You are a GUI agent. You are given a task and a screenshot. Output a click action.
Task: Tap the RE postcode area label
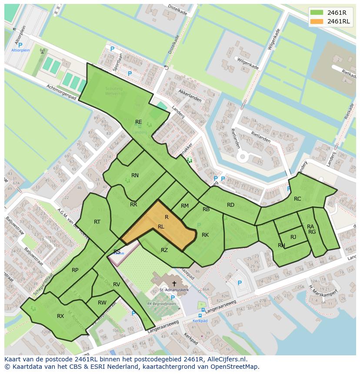pyautogui.click(x=138, y=122)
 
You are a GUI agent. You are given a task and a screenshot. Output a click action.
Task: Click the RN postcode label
pyautogui.click(x=135, y=175)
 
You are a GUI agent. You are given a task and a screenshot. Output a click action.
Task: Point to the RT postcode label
pyautogui.click(x=97, y=222)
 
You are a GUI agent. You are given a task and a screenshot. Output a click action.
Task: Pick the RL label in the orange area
pyautogui.click(x=161, y=227)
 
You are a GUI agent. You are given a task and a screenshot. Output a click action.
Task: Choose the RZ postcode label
pyautogui.click(x=164, y=250)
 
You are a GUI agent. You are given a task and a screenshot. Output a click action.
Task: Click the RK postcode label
pyautogui.click(x=205, y=235)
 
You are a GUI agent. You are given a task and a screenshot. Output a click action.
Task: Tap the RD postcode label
pyautogui.click(x=230, y=205)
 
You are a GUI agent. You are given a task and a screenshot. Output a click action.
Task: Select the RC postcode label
pyautogui.click(x=297, y=199)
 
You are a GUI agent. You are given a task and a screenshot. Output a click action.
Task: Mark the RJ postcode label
pyautogui.click(x=293, y=237)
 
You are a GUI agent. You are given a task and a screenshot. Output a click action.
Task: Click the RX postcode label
pyautogui.click(x=60, y=316)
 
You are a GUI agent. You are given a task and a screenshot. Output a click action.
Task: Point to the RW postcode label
pyautogui.click(x=102, y=303)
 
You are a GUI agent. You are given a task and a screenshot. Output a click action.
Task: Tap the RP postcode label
pyautogui.click(x=75, y=270)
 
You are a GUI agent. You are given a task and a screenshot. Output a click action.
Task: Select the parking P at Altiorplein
pyautogui.click(x=20, y=45)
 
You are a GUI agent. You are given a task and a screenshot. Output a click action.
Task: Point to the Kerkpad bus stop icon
pyautogui.click(x=201, y=316)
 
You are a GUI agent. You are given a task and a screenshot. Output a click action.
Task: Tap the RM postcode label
pyautogui.click(x=185, y=206)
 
